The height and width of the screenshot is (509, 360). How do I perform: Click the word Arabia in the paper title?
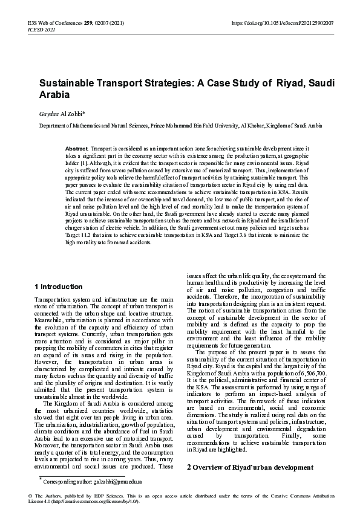pyautogui.click(x=56, y=95)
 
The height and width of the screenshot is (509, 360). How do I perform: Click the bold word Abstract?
pyautogui.click(x=76, y=148)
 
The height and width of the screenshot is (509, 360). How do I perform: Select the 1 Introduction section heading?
pyautogui.click(x=59, y=287)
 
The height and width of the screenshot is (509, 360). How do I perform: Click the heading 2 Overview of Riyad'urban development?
pyautogui.click(x=250, y=468)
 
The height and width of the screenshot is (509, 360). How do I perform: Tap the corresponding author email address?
pyautogui.click(x=119, y=481)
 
